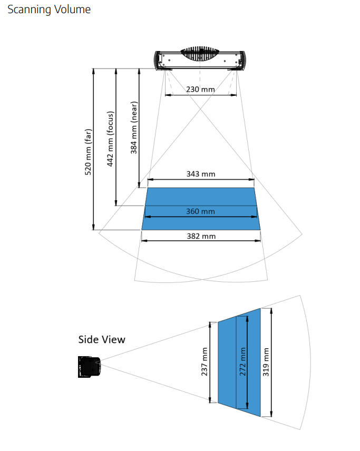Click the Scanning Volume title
pos(49,9)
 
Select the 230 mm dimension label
pos(200,89)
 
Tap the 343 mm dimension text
pos(200,174)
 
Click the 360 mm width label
pos(200,211)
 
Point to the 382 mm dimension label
pos(201,236)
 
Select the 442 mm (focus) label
pos(111,139)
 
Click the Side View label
pos(102,339)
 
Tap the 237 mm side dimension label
pos(205,362)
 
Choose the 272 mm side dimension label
pos(242,362)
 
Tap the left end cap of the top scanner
pos(158,60)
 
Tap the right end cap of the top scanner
pos(242,60)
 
